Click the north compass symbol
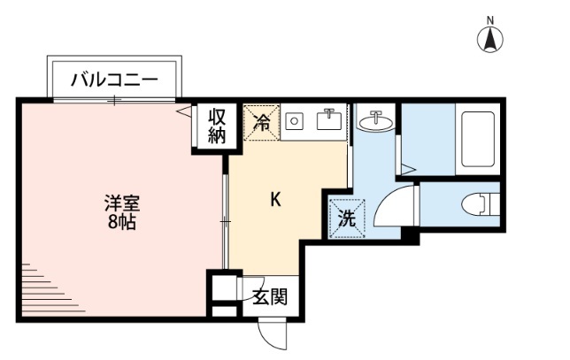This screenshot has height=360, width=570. (x=490, y=39)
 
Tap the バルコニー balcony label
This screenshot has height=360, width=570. (x=115, y=80)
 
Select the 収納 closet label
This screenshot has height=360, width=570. (x=217, y=126)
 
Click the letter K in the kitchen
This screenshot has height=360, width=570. (x=275, y=200)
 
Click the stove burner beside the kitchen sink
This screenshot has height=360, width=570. (x=296, y=121)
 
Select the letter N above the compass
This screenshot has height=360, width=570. (x=490, y=19)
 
